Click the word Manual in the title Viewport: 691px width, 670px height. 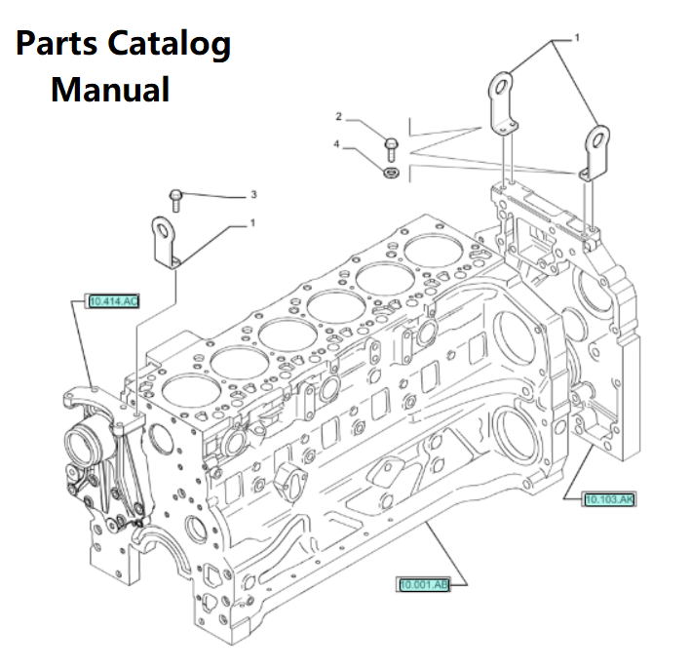(x=110, y=90)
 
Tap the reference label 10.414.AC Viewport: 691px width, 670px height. (x=113, y=301)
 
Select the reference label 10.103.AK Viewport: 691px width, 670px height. (x=609, y=500)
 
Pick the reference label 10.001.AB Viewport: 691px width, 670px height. (x=423, y=584)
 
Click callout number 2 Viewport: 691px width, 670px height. (x=339, y=117)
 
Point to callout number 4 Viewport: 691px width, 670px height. (x=337, y=144)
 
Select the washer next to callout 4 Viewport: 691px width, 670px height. (x=389, y=173)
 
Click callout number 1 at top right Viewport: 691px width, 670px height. (x=576, y=38)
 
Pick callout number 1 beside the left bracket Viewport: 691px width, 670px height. (x=251, y=223)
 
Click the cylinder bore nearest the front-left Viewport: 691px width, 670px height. (x=186, y=392)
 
